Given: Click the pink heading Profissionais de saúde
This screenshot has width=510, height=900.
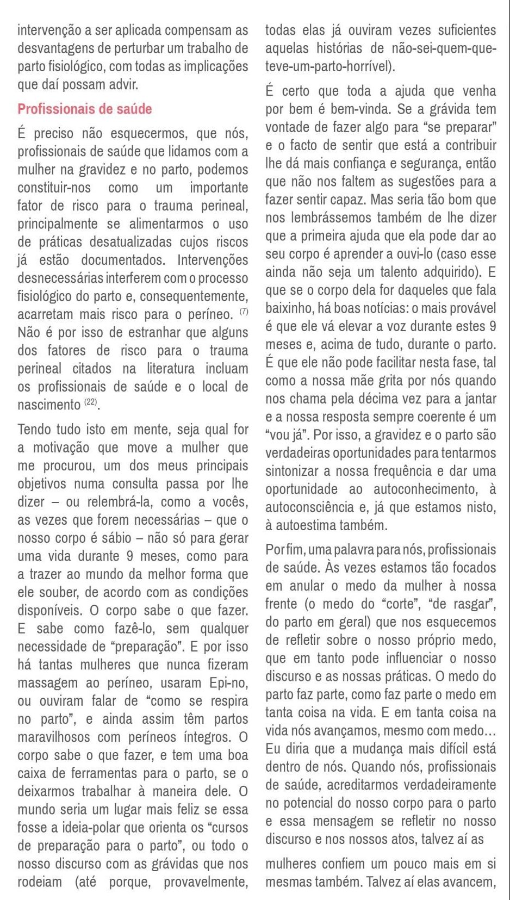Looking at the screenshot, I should click(84, 109).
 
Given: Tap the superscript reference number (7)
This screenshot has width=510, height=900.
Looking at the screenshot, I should click(244, 312).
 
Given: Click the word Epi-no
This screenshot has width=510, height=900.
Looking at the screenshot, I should click(228, 682).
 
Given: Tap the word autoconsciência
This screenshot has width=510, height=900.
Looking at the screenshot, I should click(313, 507).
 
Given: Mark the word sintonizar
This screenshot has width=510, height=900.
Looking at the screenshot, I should click(293, 471).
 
